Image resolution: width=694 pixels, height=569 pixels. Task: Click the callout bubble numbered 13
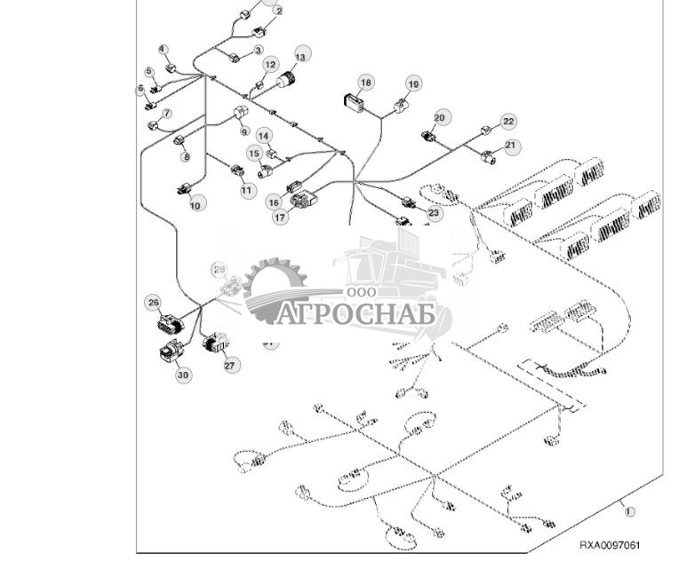(303, 56)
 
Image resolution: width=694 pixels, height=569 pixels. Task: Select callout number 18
(365, 82)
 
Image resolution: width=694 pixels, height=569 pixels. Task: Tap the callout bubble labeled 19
(413, 83)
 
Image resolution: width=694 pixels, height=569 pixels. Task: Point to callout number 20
(440, 117)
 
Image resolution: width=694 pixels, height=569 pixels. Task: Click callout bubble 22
(507, 122)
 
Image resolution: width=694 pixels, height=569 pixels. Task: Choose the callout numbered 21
(510, 145)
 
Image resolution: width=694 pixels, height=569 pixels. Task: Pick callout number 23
(434, 213)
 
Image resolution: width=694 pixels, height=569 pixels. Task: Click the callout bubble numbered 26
(153, 303)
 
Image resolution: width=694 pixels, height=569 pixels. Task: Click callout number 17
(281, 216)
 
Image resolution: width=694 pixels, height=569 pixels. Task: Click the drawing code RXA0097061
(609, 545)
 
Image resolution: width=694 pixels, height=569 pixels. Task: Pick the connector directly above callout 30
(169, 352)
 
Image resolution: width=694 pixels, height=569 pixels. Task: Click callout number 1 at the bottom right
(629, 511)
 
